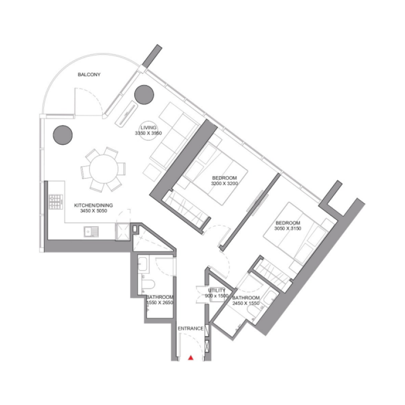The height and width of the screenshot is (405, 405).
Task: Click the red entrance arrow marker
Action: point(191,358)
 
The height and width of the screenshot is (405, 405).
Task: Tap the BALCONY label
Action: point(89,75)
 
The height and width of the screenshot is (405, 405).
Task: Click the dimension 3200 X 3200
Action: point(224,184)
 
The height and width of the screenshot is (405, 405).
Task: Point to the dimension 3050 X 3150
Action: point(288,229)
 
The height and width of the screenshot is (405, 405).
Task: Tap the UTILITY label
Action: point(217,290)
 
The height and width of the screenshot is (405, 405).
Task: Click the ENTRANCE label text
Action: point(190,329)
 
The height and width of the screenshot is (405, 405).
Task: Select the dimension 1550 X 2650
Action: point(160,303)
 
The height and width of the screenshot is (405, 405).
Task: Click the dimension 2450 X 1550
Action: point(246,304)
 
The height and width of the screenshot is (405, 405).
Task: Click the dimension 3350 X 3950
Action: point(148,133)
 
